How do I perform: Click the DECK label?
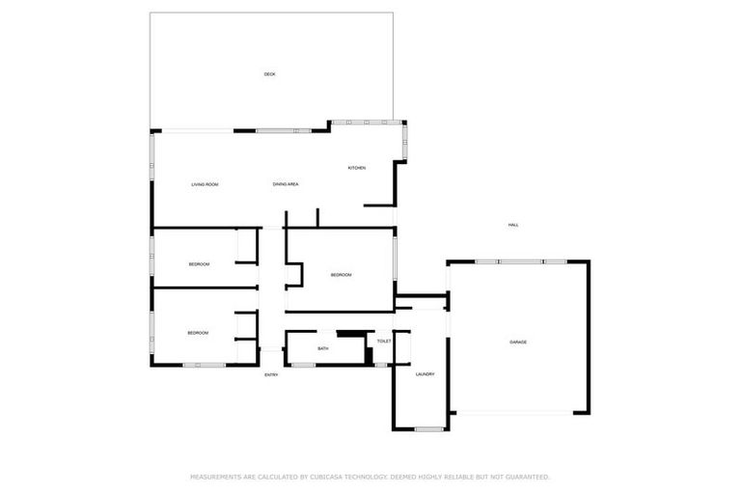click(x=270, y=74)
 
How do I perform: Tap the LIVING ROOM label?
click(x=205, y=183)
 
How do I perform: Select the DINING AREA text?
click(x=285, y=183)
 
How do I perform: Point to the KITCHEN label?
click(x=357, y=168)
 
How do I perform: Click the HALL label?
click(x=513, y=225)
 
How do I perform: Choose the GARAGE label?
click(x=519, y=343)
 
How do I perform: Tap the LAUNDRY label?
click(x=425, y=374)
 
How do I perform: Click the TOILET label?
click(x=384, y=342)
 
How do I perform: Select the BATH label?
click(x=323, y=348)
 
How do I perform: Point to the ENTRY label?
click(x=271, y=374)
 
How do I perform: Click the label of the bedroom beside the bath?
click(x=341, y=275)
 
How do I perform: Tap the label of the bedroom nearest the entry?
click(x=198, y=333)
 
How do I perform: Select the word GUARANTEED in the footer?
click(x=524, y=477)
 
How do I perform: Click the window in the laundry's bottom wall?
click(x=430, y=428)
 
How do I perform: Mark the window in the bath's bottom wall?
click(x=303, y=365)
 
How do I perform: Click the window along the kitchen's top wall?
click(x=367, y=122)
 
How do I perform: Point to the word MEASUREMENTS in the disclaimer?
click(x=216, y=477)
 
